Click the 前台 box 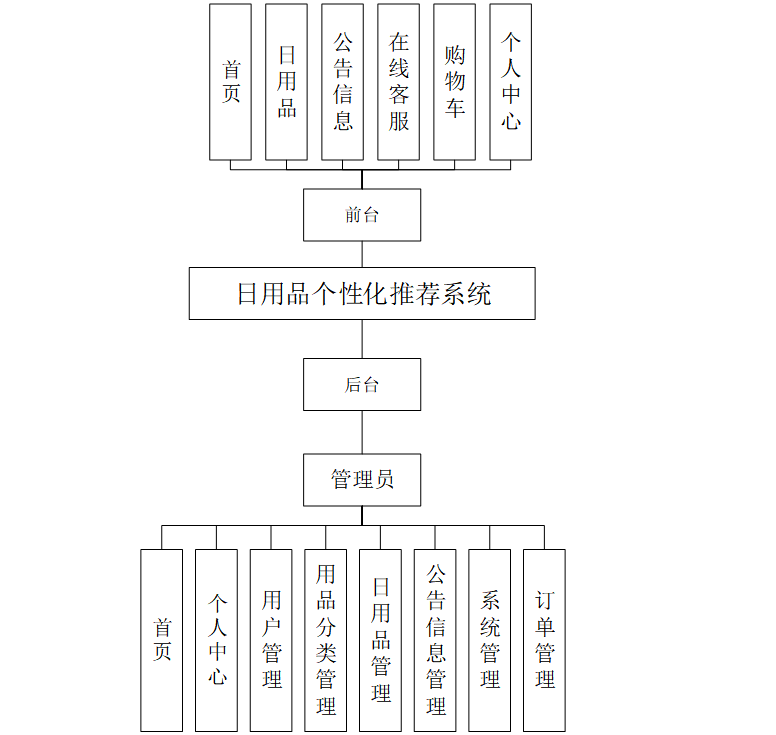point(362,215)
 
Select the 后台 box point(362,385)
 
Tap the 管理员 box point(362,480)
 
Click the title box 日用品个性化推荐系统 point(362,294)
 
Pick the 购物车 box point(455,82)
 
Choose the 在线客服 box point(399,82)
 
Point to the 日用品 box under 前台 point(287,82)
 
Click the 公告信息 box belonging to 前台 point(343,82)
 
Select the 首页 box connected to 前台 point(231,82)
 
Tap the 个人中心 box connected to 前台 point(511,82)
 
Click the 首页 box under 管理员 point(162,640)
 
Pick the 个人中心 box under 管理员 point(217,640)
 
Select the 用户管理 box point(271,640)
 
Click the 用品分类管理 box point(326,640)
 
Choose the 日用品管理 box point(381,640)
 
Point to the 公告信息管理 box point(435,640)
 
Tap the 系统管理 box point(490,640)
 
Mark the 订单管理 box point(544,640)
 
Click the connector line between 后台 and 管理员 point(362,432)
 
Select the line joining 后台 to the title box point(362,339)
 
